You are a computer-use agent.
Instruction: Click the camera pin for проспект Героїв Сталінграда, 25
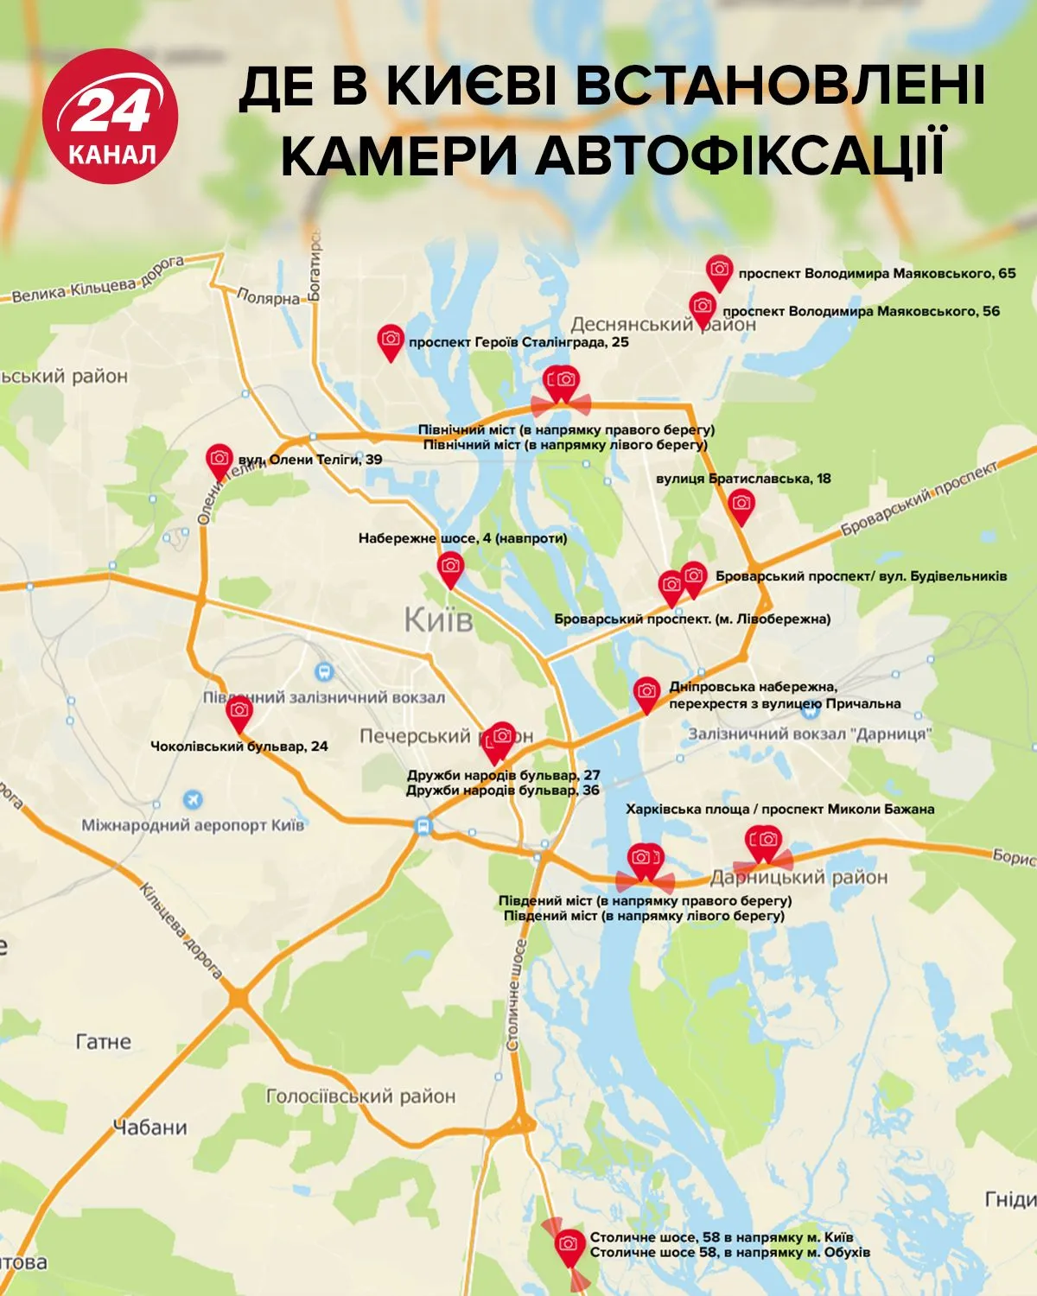point(391,340)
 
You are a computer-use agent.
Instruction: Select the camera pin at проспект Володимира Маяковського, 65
point(719,271)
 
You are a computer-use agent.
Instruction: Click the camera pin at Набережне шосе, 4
point(450,568)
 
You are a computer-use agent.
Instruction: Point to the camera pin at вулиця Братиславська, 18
point(741,505)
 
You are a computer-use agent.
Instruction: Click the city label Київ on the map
point(439,619)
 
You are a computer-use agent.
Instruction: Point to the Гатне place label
point(104,1042)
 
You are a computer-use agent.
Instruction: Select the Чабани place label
point(150,1128)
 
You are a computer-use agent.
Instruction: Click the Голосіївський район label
point(360,1096)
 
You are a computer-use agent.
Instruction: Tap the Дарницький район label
point(798,878)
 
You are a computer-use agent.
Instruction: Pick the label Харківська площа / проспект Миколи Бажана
point(779,810)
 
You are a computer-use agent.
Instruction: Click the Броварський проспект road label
point(919,499)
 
